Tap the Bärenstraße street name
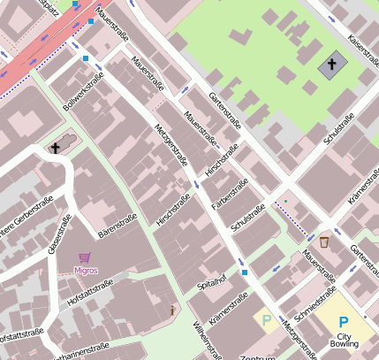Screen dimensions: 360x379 [117, 226]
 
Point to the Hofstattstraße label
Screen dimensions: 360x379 [89, 294]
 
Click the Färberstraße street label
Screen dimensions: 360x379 [232, 193]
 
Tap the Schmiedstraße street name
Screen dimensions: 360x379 [315, 303]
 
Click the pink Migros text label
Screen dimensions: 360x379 [86, 271]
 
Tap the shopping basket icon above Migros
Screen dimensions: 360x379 [85, 257]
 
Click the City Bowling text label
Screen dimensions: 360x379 [344, 341]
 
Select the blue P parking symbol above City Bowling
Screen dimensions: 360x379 [344, 323]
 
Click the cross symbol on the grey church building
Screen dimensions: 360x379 [332, 65]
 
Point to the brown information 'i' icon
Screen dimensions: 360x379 [172, 310]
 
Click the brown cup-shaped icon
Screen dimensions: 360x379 [324, 241]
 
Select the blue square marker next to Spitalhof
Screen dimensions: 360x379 [244, 272]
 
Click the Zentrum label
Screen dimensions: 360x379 [258, 356]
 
